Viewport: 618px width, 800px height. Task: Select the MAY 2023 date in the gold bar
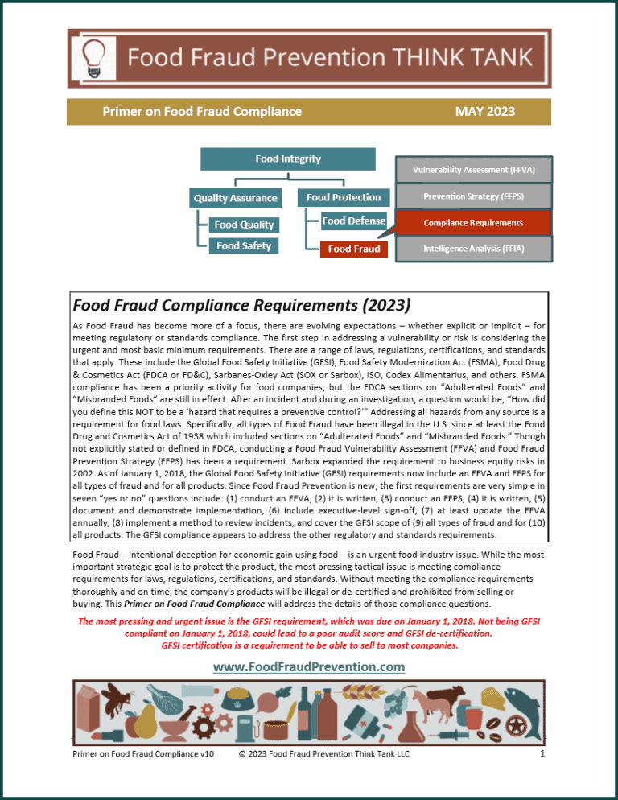484,112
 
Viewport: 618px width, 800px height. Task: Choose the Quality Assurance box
235,197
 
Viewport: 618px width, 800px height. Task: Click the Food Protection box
344,197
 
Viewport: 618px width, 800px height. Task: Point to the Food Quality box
244,225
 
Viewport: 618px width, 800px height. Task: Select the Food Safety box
244,246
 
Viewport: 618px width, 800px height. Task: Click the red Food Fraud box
354,249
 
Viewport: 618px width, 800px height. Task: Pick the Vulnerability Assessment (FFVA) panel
473,170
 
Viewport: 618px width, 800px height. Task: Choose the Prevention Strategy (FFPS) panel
473,196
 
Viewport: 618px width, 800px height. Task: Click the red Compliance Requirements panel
473,222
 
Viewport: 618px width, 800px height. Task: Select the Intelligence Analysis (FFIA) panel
473,249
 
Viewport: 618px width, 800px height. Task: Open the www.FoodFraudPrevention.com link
308,666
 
